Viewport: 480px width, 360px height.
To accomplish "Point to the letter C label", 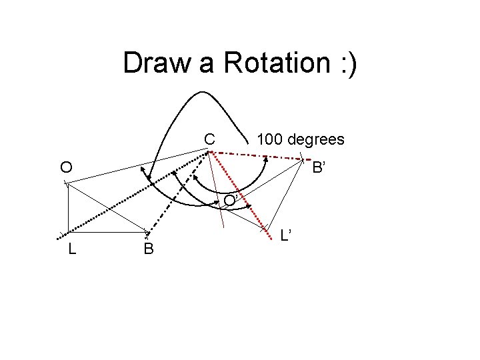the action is pos(209,139).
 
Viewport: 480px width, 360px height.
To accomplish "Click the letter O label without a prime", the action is pos(66,167).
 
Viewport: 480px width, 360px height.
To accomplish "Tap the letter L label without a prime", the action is pos(71,249).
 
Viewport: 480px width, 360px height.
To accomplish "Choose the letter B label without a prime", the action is pos(148,249).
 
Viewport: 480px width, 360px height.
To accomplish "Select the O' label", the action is pos(230,200).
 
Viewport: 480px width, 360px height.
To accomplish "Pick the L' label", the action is pos(286,235).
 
